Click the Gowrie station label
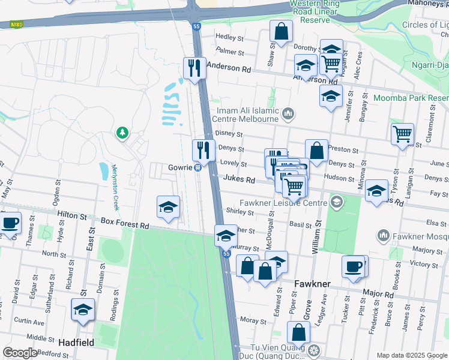[179, 167]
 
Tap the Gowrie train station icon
[197, 167]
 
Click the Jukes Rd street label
[240, 179]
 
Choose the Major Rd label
[378, 294]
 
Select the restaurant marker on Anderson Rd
[194, 67]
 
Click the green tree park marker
[122, 132]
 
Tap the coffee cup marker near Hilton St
[10, 223]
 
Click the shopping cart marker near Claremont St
[402, 134]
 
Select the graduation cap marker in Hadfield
[83, 309]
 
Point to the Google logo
[20, 353]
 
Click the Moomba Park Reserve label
[411, 98]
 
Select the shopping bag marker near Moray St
[298, 332]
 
